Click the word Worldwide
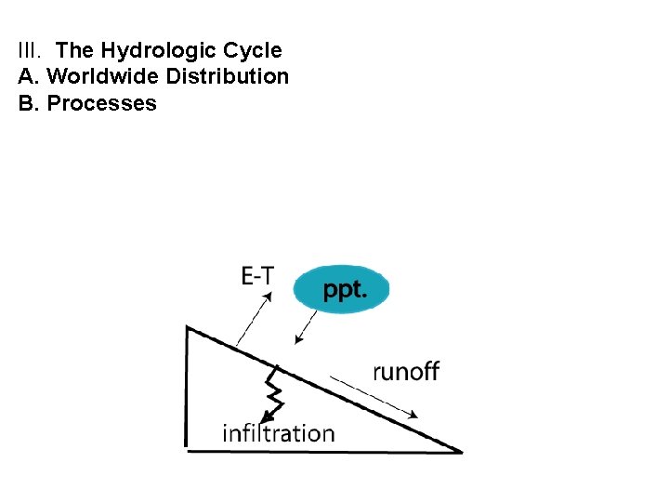click(102, 76)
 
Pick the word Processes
click(101, 103)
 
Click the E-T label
click(257, 275)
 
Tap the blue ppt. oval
click(341, 289)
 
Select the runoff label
click(406, 372)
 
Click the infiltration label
click(278, 433)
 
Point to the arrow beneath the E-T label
click(254, 319)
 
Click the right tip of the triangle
click(460, 452)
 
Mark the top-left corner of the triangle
click(189, 327)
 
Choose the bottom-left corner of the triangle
click(189, 450)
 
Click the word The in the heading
click(77, 50)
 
